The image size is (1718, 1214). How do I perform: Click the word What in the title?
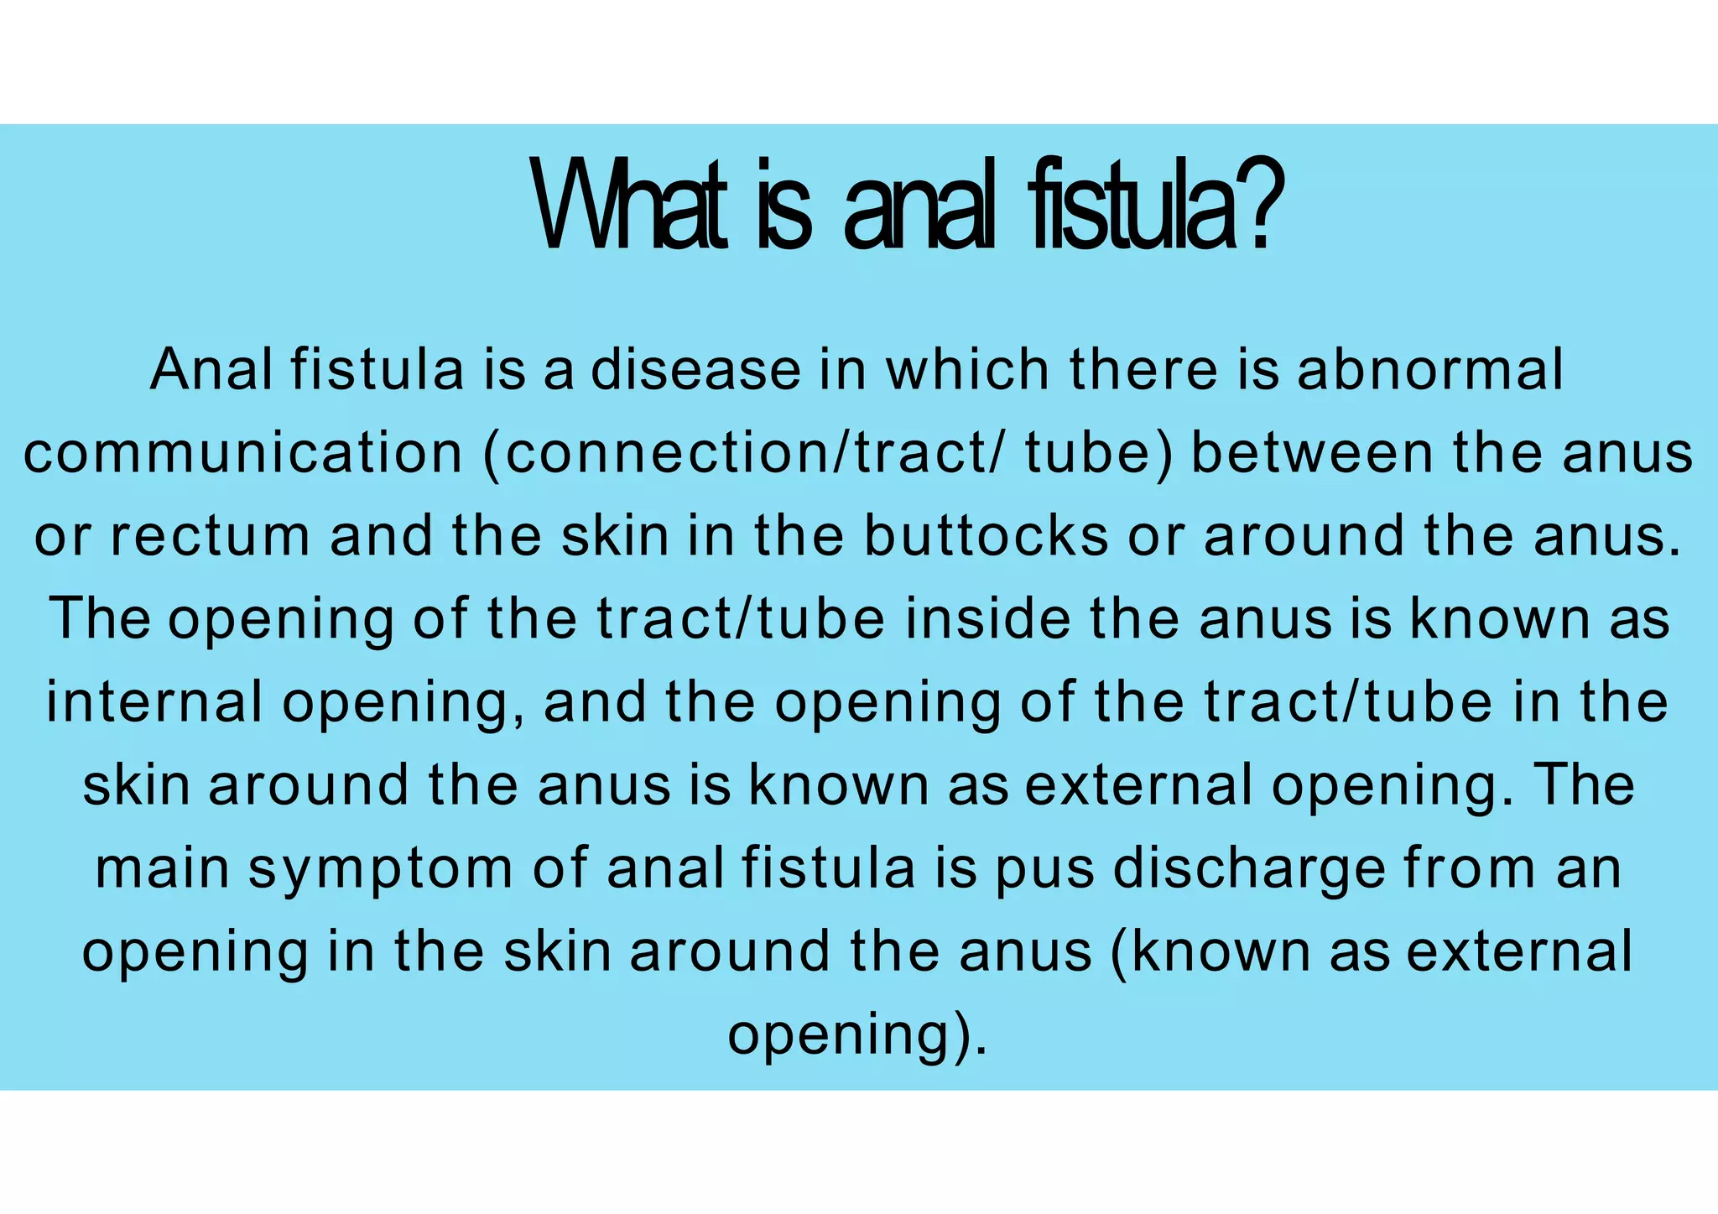pos(629,206)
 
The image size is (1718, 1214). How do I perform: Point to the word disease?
pos(695,370)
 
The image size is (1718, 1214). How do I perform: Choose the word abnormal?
pos(1429,370)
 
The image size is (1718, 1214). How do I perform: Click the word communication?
pos(243,453)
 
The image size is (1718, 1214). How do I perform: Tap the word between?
pos(1312,453)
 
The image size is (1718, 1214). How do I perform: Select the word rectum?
pos(211,536)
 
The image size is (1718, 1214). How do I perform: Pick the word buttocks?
pos(986,536)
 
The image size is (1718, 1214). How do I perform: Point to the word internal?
pos(154,701)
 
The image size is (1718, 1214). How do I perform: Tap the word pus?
pos(1044,869)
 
